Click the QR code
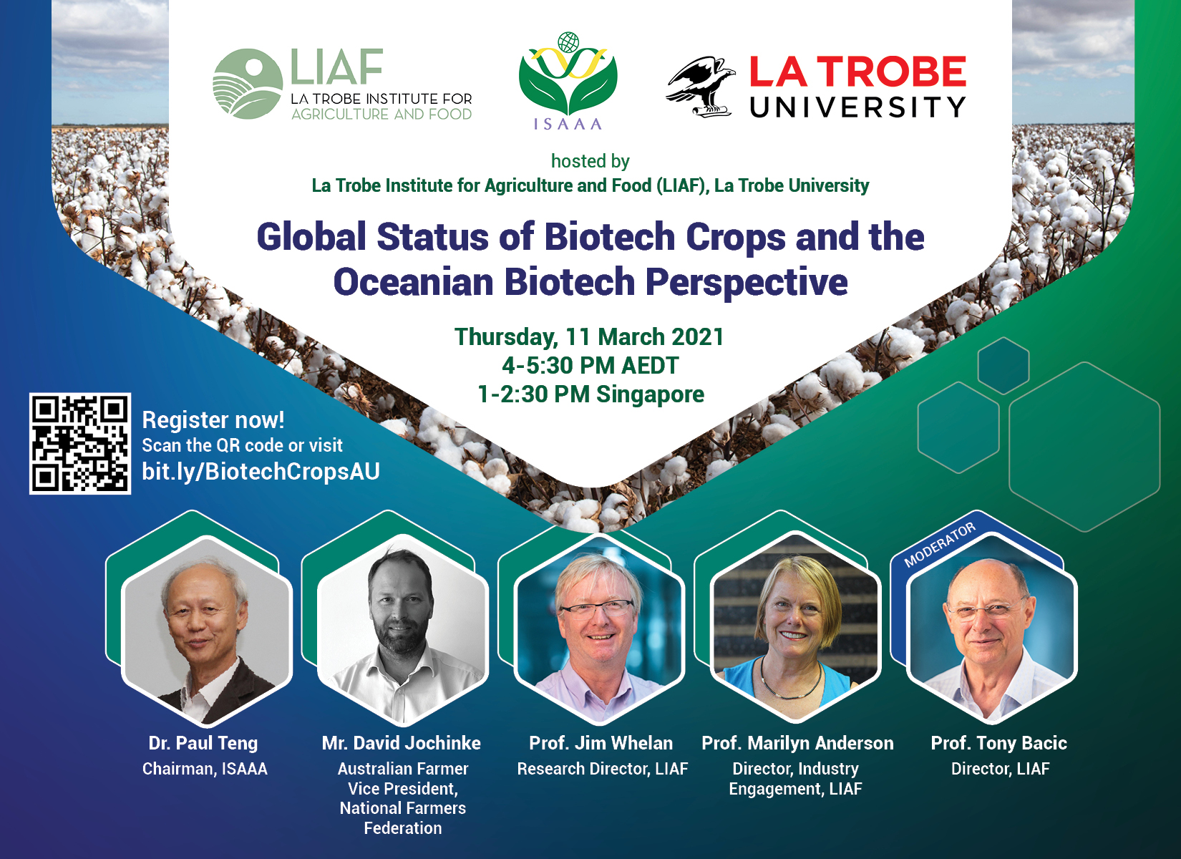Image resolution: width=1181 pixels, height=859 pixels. pyautogui.click(x=79, y=444)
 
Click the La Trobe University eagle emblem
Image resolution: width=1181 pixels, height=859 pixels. pyautogui.click(x=700, y=87)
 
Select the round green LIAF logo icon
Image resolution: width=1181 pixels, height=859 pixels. pyautogui.click(x=247, y=84)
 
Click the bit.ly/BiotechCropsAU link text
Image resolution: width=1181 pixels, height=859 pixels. pyautogui.click(x=261, y=472)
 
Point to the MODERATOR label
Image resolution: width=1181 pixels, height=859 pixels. pyautogui.click(x=940, y=545)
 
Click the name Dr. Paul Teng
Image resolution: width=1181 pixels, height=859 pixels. pyautogui.click(x=203, y=743)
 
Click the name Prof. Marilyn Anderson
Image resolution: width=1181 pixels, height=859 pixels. pyautogui.click(x=797, y=743)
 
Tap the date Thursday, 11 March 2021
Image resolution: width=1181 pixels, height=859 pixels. pyautogui.click(x=589, y=337)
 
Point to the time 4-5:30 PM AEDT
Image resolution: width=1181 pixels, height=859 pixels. pyautogui.click(x=590, y=365)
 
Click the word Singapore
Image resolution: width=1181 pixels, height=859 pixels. pyautogui.click(x=650, y=395)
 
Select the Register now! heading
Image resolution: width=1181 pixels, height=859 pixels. pyautogui.click(x=213, y=420)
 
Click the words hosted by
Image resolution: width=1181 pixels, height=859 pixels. pyautogui.click(x=590, y=161)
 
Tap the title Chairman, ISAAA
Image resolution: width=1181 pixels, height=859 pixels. pyautogui.click(x=205, y=769)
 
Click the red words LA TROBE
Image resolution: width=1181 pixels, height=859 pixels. pyautogui.click(x=857, y=72)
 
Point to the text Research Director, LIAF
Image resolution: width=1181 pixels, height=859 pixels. pyautogui.click(x=602, y=769)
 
